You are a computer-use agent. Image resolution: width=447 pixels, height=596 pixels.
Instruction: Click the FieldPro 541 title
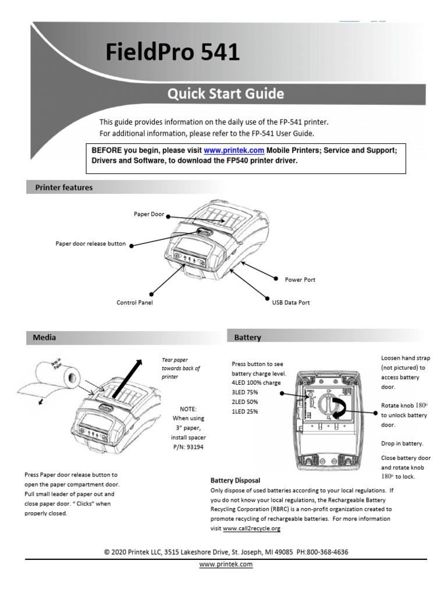(172, 53)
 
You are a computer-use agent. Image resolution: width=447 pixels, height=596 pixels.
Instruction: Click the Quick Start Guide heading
(226, 94)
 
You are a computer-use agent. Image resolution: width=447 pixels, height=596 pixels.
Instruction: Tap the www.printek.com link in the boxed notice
(229, 150)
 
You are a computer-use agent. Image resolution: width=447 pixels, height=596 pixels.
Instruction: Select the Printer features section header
(64, 187)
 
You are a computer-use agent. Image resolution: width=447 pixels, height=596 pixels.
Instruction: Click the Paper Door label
(149, 214)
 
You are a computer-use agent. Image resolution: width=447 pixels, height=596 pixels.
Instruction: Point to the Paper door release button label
(90, 244)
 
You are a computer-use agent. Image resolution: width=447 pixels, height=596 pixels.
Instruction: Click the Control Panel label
(134, 303)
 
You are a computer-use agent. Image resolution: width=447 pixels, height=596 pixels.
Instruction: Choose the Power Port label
(300, 280)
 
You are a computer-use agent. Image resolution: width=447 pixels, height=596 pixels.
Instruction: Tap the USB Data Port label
(291, 303)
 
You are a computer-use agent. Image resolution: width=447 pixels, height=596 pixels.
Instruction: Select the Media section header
(45, 337)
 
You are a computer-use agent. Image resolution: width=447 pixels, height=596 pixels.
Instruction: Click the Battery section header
(247, 337)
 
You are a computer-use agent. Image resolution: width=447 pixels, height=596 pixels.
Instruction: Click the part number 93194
(194, 447)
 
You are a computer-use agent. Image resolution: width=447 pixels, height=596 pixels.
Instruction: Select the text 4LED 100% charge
(256, 383)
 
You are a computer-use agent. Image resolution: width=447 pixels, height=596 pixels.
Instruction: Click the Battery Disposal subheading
(235, 481)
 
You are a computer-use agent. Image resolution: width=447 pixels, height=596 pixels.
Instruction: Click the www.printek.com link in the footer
(226, 565)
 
